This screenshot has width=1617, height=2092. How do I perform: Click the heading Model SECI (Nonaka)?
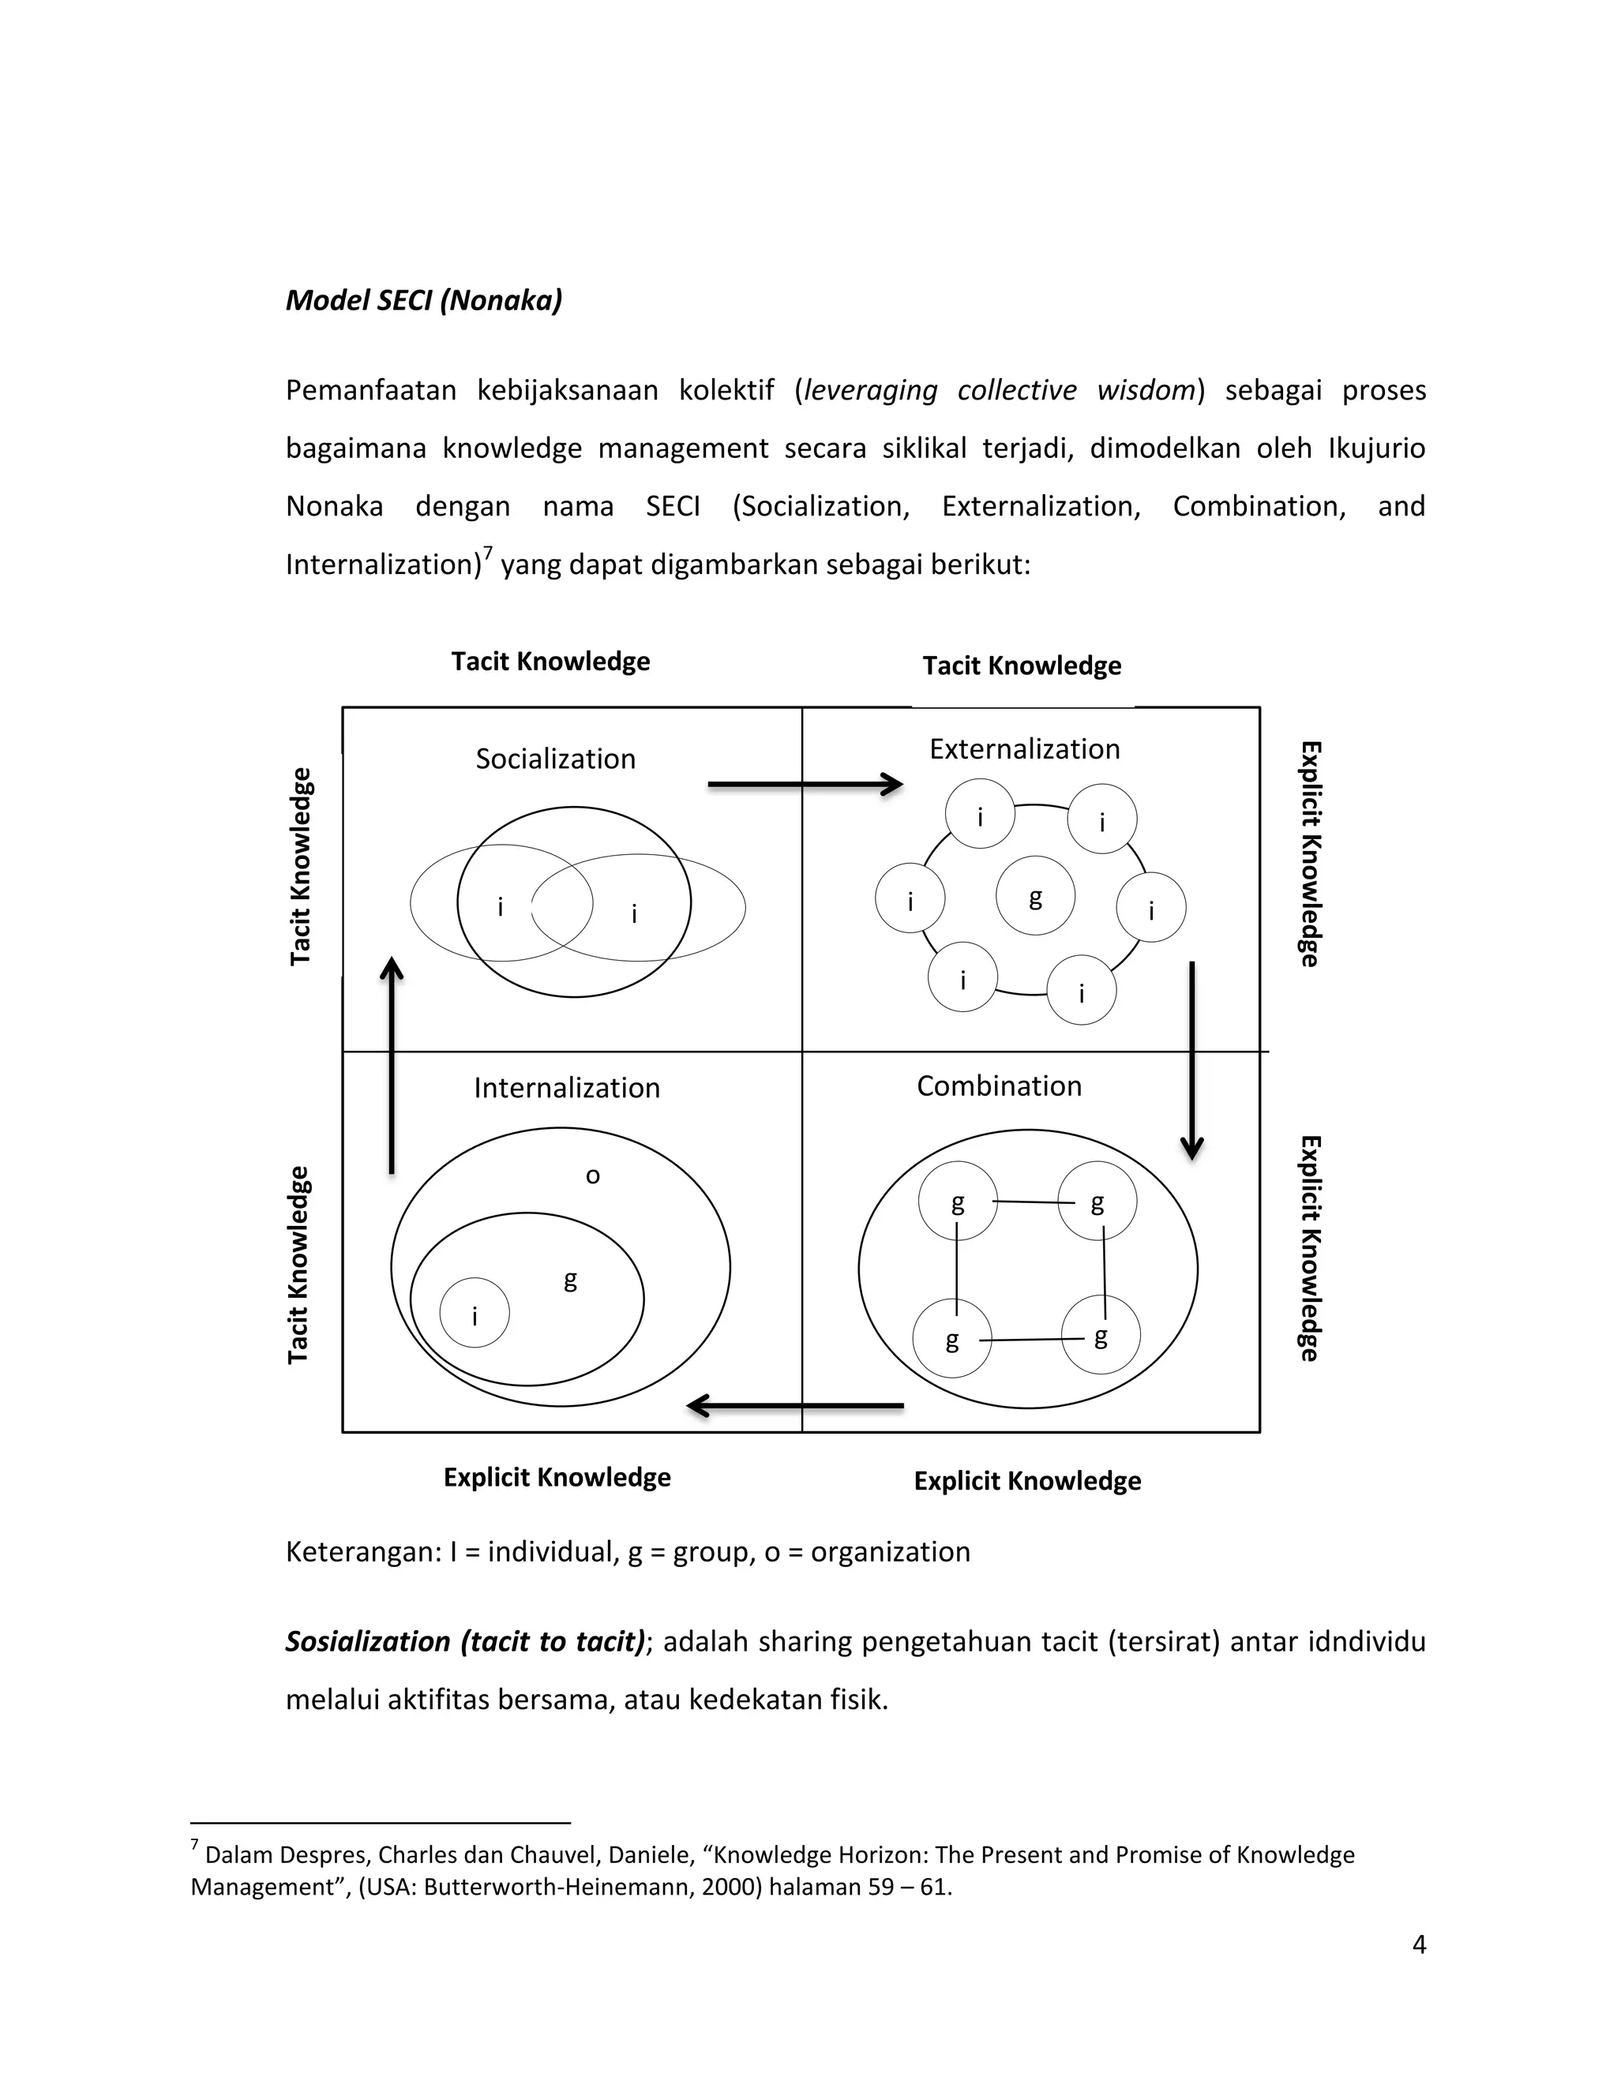(423, 301)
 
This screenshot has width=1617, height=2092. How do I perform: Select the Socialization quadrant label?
(556, 759)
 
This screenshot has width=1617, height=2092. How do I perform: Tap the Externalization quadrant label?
(1024, 749)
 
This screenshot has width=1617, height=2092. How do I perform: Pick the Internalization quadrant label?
(567, 1088)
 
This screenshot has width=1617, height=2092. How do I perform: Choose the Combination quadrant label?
(999, 1086)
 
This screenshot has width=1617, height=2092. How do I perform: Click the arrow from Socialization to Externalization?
(805, 785)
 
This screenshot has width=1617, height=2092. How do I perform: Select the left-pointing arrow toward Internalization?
(795, 1406)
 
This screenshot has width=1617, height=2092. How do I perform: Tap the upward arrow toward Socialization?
(392, 1063)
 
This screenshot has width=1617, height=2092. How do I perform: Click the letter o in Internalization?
(593, 1176)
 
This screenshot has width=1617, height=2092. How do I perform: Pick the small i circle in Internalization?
(475, 1314)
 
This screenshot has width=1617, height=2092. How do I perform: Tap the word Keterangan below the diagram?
(363, 1552)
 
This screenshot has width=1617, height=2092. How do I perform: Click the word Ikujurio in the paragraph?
(1375, 448)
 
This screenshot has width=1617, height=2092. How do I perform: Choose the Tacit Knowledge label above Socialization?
(551, 662)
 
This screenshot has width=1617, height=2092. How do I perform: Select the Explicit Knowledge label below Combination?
(1027, 1482)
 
